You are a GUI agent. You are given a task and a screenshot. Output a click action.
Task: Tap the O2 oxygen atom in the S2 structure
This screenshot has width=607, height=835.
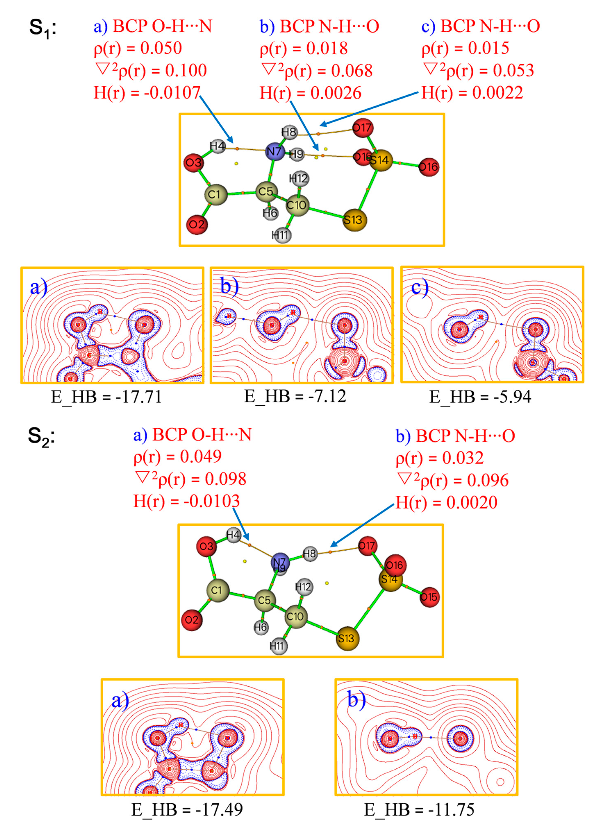tap(192, 620)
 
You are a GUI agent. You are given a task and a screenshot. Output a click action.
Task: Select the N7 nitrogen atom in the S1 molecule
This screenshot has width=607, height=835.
tap(275, 151)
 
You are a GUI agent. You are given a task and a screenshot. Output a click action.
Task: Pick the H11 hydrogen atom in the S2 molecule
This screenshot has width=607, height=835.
tap(278, 645)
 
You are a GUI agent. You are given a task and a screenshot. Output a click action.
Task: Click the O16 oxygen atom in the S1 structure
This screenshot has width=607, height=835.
tap(429, 167)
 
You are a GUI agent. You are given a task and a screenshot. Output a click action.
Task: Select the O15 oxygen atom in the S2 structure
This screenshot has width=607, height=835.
tap(429, 597)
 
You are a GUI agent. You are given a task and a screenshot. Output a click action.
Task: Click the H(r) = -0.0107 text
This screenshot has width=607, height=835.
tap(147, 92)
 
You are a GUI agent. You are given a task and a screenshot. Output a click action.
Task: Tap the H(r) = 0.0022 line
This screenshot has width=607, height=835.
tap(472, 92)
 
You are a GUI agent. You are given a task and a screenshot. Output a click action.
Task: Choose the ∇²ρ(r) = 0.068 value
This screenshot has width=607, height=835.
tap(317, 70)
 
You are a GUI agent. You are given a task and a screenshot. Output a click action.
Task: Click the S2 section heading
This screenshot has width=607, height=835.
tap(41, 437)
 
